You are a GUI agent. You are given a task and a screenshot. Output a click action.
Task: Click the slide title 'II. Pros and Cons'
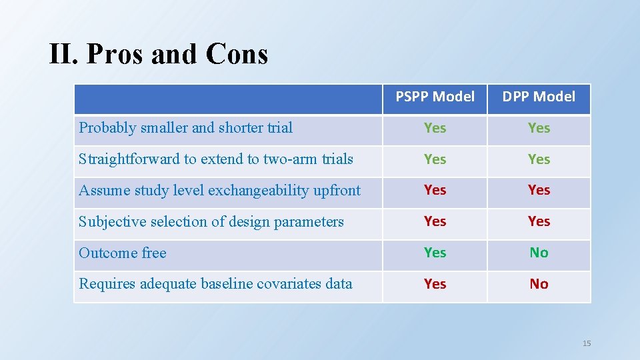pos(159,54)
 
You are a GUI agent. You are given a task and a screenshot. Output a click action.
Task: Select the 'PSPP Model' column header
pos(435,97)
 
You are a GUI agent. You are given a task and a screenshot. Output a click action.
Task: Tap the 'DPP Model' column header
pos(539,97)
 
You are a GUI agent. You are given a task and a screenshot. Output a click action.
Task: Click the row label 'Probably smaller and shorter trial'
pos(185,128)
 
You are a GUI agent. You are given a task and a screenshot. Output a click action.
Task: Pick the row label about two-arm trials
pos(215,159)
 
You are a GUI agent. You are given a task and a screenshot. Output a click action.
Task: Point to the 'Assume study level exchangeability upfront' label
pos(219,191)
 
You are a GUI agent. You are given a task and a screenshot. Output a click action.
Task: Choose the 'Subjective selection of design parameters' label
pos(211,222)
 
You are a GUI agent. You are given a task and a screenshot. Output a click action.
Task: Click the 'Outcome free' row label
pos(122,253)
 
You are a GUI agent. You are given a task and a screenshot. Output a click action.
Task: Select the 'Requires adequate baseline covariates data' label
pos(215,284)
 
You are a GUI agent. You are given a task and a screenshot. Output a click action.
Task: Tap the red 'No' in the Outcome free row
pos(539,253)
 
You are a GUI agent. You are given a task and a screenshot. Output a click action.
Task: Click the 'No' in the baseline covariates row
pos(539,284)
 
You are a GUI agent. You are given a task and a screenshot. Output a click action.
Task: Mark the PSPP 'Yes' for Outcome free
pos(435,253)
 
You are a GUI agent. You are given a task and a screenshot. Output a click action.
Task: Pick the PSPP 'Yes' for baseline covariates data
pos(435,284)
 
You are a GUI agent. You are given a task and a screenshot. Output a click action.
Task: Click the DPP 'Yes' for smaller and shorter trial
pos(539,128)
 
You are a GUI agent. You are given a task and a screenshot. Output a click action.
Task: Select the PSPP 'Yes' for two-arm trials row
pos(435,159)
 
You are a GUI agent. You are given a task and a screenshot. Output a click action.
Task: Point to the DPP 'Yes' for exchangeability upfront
pos(539,191)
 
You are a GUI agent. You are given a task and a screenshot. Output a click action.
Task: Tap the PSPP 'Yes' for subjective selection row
pos(435,221)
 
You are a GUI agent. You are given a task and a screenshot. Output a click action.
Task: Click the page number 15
pos(587,343)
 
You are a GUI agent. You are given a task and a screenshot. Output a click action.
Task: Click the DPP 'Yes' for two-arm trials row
pos(539,159)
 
